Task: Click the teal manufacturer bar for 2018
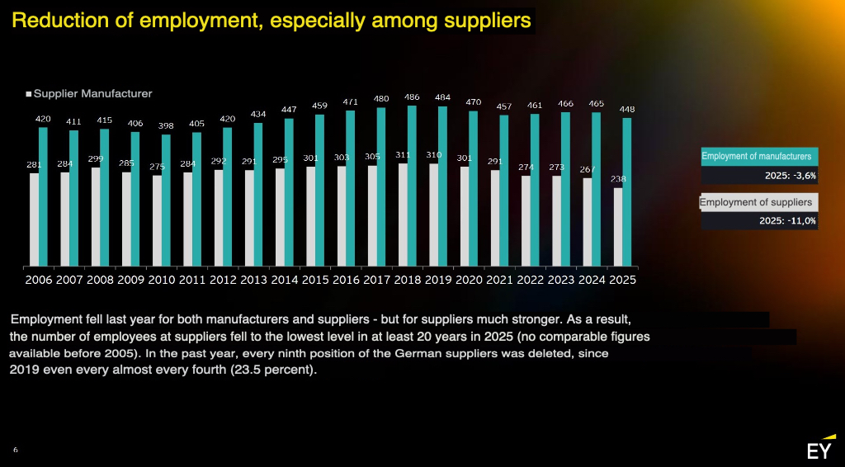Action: pyautogui.click(x=412, y=186)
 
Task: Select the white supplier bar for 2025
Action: pyautogui.click(x=618, y=228)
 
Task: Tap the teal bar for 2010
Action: pyautogui.click(x=166, y=200)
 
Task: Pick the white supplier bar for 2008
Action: pyautogui.click(x=96, y=218)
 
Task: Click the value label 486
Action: pyautogui.click(x=412, y=97)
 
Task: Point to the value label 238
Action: pyautogui.click(x=618, y=179)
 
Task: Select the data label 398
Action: pyautogui.click(x=166, y=125)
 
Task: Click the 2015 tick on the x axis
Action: pyautogui.click(x=315, y=280)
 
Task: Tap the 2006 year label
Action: pyautogui.click(x=39, y=280)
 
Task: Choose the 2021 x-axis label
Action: pyautogui.click(x=500, y=280)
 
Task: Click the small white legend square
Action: pyautogui.click(x=29, y=95)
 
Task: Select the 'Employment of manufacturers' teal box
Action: pyautogui.click(x=758, y=156)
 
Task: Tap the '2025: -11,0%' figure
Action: pyautogui.click(x=787, y=220)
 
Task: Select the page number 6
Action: pyautogui.click(x=16, y=450)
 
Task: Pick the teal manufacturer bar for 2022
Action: pyautogui.click(x=535, y=191)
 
